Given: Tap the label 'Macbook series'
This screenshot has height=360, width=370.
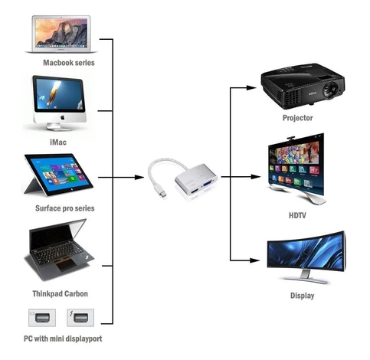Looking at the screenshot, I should click(x=69, y=63).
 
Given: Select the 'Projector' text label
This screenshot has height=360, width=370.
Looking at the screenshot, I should click(x=297, y=118).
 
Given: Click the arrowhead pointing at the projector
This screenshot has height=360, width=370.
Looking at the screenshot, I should click(x=254, y=87).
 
